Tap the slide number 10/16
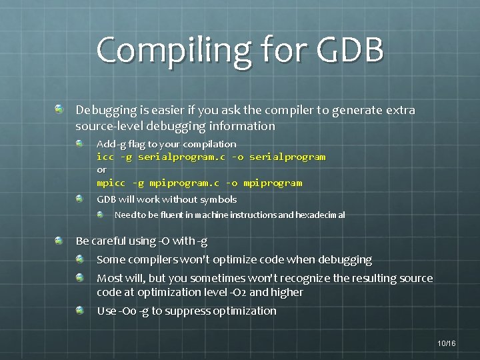(447, 343)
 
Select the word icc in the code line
(105, 157)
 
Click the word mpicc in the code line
(111, 183)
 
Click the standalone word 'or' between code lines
(101, 169)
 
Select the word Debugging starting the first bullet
(103, 110)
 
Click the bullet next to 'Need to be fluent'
(99, 215)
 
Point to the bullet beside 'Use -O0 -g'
(79, 310)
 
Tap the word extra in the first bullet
(401, 110)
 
